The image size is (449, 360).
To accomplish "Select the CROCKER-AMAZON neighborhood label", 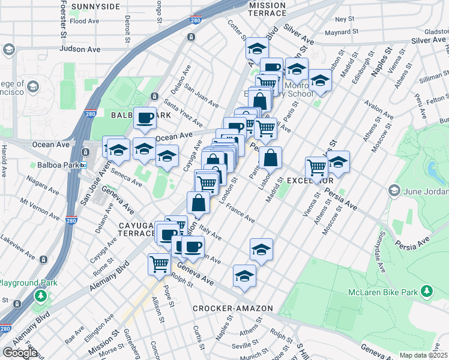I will click(232, 308).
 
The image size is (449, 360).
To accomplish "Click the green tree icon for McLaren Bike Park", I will click(427, 291).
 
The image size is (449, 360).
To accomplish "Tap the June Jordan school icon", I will click(394, 191).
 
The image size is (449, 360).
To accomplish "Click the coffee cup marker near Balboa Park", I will click(145, 119).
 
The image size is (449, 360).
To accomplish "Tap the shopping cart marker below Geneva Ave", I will click(160, 263).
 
